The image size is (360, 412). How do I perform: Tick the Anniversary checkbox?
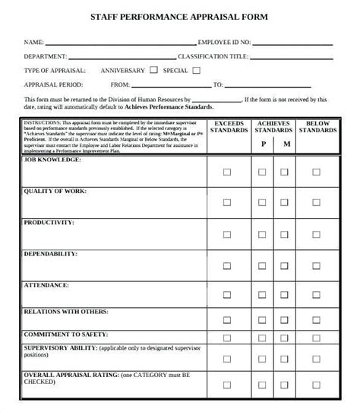click(155, 70)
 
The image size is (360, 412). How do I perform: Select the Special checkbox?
click(197, 70)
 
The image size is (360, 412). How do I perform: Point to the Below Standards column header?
click(321, 126)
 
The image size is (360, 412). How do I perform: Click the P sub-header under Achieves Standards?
click(263, 143)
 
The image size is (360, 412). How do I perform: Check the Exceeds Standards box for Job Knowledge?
click(226, 173)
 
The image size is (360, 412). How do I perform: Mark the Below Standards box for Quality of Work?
click(321, 202)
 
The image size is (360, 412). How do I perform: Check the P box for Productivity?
click(263, 233)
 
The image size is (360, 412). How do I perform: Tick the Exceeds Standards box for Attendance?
click(226, 296)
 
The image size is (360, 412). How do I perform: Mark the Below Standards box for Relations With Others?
click(321, 320)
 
